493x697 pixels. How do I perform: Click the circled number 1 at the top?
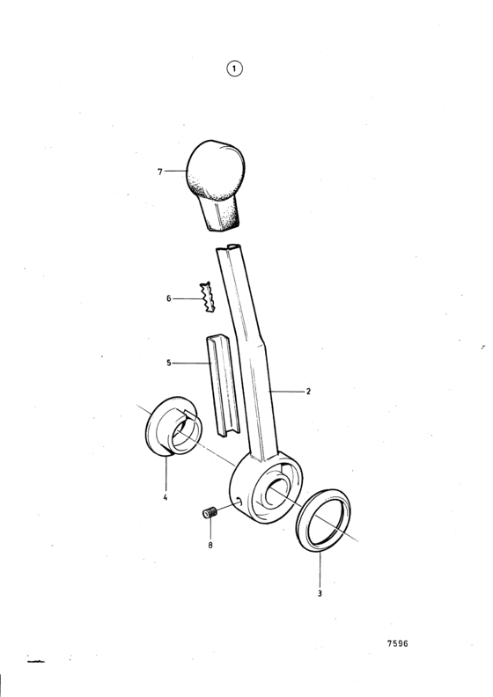[235, 69]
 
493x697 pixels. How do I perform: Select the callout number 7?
[160, 172]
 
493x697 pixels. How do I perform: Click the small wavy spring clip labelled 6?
[207, 297]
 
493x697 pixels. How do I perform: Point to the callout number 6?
[168, 298]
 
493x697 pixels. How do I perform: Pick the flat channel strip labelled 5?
[223, 385]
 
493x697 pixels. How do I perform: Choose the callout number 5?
[168, 363]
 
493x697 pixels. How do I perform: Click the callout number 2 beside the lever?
[308, 392]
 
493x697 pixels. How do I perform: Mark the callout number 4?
[165, 497]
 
